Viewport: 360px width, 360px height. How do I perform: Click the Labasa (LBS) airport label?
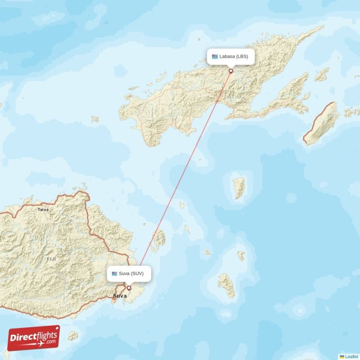(x=231, y=57)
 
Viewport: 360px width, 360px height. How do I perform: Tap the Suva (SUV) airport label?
(x=129, y=274)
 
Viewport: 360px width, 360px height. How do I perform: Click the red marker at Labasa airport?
(x=231, y=71)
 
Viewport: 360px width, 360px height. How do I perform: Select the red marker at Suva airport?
(x=129, y=288)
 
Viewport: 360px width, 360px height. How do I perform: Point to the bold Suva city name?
(x=120, y=296)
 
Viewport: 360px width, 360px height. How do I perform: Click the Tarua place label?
(x=43, y=210)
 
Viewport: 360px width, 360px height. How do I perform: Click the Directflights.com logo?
(x=34, y=338)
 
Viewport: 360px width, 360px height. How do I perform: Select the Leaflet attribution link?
(x=351, y=356)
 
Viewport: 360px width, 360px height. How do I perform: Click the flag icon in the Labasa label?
(x=215, y=57)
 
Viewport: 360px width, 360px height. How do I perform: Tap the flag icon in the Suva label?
(x=114, y=274)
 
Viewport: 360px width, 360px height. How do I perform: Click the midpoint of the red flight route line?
(x=180, y=179)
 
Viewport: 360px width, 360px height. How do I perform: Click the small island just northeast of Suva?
(x=158, y=238)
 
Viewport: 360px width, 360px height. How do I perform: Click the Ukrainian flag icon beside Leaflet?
(x=342, y=356)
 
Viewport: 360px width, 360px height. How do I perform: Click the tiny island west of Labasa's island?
(x=94, y=119)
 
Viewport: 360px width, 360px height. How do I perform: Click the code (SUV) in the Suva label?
(x=137, y=274)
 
